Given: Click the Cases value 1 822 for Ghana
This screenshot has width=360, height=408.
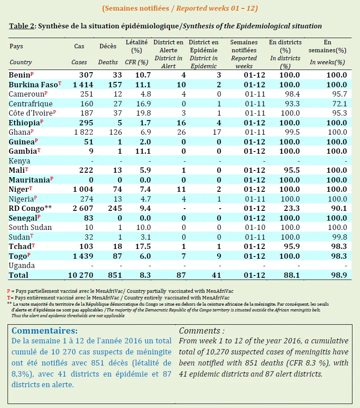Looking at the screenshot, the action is point(84,132).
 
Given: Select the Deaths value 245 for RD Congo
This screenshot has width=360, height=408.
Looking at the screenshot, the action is point(115,208).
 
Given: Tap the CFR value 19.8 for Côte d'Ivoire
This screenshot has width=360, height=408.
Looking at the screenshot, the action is point(144,113).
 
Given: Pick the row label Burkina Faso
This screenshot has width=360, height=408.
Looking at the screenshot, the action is point(33,85).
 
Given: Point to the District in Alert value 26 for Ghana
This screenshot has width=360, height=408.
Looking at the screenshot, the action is point(181,132).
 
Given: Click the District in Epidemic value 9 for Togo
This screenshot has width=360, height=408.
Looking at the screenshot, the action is point(219,256).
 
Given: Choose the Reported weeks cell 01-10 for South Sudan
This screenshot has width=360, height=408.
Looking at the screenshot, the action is point(255,227).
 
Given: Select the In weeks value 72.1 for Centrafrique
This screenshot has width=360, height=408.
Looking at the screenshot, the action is point(340,104).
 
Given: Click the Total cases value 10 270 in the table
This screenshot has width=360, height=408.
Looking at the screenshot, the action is point(81,275).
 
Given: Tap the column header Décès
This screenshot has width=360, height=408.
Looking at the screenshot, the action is point(108,46).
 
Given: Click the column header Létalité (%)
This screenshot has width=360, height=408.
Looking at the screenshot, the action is point(137,46).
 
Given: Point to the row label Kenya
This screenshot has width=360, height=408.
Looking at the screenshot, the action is point(19,161).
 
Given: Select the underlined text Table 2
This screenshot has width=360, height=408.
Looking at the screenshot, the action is point(22,26).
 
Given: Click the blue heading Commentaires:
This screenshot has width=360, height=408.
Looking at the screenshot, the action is point(44,330).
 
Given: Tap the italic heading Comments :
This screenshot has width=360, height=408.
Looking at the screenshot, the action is point(202,331).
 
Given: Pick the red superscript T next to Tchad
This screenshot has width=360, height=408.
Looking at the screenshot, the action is point(33,245).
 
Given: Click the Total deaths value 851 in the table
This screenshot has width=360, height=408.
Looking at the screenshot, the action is point(115,275).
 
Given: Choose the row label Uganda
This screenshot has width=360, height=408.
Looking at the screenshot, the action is point(22,266).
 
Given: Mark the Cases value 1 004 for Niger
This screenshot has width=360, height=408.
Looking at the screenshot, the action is point(83,190).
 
